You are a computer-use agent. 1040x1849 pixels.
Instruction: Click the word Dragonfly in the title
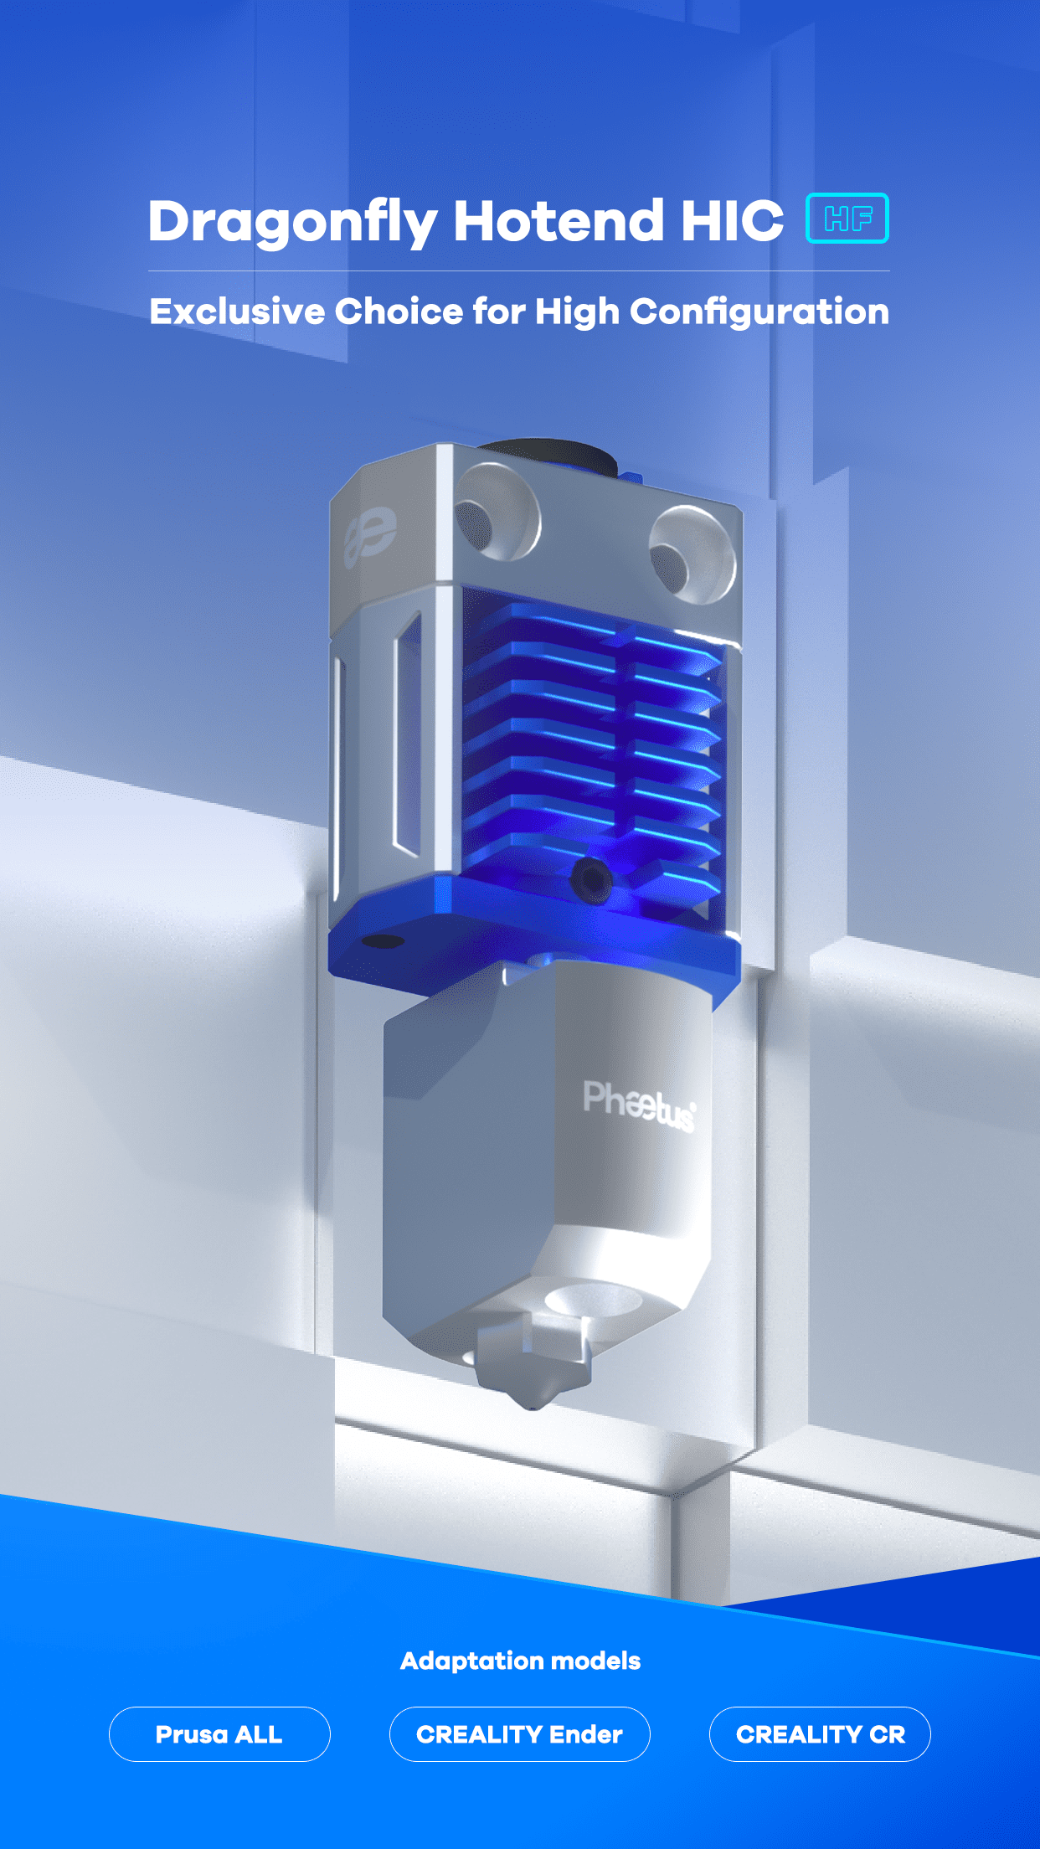coord(293,224)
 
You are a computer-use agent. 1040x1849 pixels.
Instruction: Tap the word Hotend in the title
coord(559,221)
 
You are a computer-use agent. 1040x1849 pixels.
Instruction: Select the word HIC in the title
coord(732,221)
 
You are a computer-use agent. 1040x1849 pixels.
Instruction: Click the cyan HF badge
coord(847,219)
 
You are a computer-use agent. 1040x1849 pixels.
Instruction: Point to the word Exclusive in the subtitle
coord(237,312)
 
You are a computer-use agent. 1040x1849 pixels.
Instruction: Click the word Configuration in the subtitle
coord(759,312)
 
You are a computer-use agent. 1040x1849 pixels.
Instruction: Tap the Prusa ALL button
coord(219,1734)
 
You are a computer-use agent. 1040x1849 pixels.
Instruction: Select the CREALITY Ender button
coord(519,1734)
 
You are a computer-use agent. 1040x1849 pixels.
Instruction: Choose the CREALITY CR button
coord(820,1734)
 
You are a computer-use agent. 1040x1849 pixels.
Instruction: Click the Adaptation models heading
coord(520,1661)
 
